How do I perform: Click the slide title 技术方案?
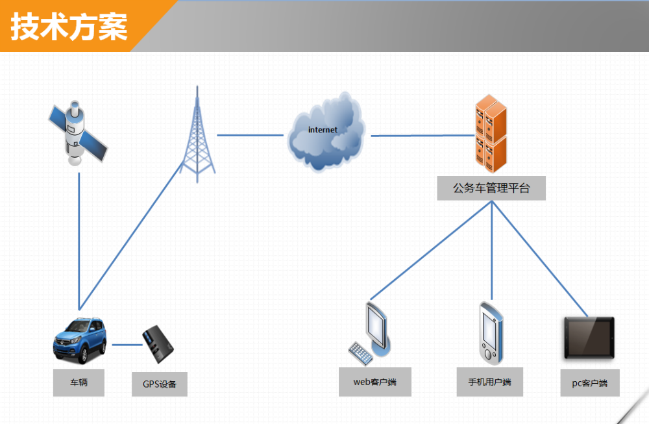click(69, 27)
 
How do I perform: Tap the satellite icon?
click(77, 133)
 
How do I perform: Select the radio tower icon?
click(197, 134)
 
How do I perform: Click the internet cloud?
click(326, 132)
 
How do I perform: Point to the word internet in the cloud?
click(323, 130)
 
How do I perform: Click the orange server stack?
click(491, 133)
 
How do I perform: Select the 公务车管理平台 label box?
click(491, 188)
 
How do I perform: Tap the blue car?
click(79, 340)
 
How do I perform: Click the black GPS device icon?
click(158, 344)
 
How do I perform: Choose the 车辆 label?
click(79, 382)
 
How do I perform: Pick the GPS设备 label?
click(160, 384)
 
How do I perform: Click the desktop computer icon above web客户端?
click(370, 333)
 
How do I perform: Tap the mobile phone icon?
click(491, 333)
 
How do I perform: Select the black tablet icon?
click(589, 338)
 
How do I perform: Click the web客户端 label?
click(375, 382)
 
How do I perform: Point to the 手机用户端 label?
click(489, 382)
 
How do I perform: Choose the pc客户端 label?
click(590, 383)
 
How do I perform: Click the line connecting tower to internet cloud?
click(251, 135)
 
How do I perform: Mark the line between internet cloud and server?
click(422, 136)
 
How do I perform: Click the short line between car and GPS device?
click(127, 345)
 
